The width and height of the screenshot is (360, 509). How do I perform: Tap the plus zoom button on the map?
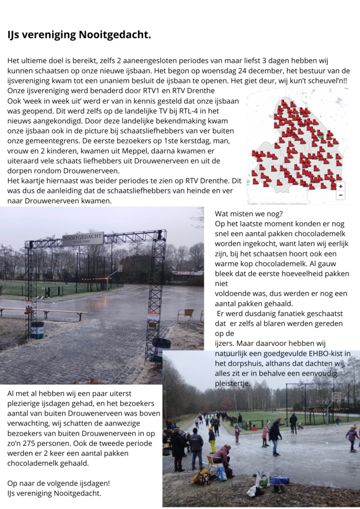340,186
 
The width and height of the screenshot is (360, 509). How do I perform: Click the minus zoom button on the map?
340,195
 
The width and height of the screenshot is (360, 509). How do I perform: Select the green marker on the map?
321,135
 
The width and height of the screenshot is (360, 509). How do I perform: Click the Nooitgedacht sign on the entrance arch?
83,239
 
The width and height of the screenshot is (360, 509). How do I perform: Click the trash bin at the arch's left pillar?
37,330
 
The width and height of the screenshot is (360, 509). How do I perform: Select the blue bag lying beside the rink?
280,480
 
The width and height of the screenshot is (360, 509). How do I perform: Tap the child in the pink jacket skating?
265,434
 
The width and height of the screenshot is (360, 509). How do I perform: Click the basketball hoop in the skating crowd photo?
336,398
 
